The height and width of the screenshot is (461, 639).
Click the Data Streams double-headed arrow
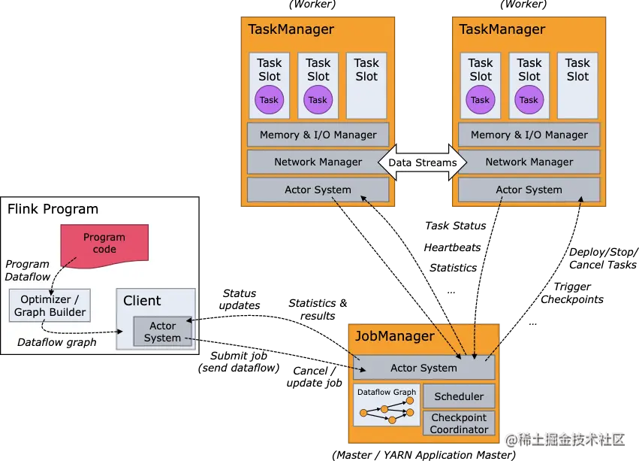click(423, 162)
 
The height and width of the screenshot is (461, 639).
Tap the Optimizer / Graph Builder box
click(50, 306)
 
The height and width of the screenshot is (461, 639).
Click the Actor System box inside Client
click(163, 332)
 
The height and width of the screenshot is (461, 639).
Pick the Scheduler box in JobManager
click(459, 396)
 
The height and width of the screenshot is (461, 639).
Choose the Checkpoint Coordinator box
click(459, 423)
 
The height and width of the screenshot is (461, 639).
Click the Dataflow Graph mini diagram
click(387, 406)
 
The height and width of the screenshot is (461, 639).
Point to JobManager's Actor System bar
click(423, 368)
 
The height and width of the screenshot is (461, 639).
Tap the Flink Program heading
click(53, 209)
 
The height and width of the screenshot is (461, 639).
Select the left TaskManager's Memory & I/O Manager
click(318, 135)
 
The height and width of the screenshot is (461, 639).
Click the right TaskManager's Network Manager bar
click(529, 162)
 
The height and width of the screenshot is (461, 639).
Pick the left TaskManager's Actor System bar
click(318, 190)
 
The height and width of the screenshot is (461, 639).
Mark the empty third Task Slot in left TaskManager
click(366, 85)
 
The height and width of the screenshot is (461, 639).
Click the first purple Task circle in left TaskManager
click(269, 99)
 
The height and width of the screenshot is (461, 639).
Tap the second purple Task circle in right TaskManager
click(529, 99)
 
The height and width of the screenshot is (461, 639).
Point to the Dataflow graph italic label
click(57, 342)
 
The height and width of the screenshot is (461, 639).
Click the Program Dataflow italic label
click(28, 270)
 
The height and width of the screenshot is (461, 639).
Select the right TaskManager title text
click(502, 29)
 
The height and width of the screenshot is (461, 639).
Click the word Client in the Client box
click(142, 301)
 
